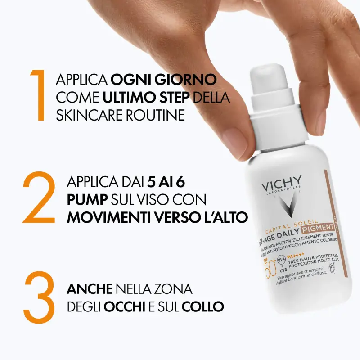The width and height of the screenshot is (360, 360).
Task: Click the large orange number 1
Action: point(39,95)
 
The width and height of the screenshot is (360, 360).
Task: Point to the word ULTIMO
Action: point(130,97)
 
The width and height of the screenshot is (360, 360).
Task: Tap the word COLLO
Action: point(204,306)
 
